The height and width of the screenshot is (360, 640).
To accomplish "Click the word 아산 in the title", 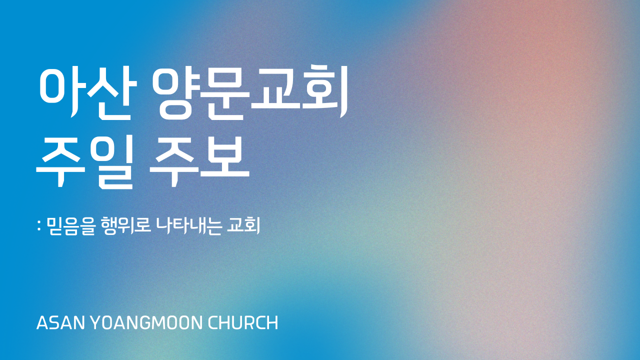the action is tap(88, 93).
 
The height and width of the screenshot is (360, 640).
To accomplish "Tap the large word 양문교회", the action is tap(250, 93).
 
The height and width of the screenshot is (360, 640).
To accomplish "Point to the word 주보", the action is tap(199, 161).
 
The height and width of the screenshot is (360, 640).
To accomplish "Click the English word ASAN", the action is tap(61, 323).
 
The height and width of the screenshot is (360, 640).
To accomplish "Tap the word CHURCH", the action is tap(243, 323).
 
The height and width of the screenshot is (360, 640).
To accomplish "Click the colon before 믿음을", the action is tap(39, 226).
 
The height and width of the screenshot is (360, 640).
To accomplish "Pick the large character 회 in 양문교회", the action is tap(325, 92).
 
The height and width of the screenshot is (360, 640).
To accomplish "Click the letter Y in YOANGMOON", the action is tap(96, 323).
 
